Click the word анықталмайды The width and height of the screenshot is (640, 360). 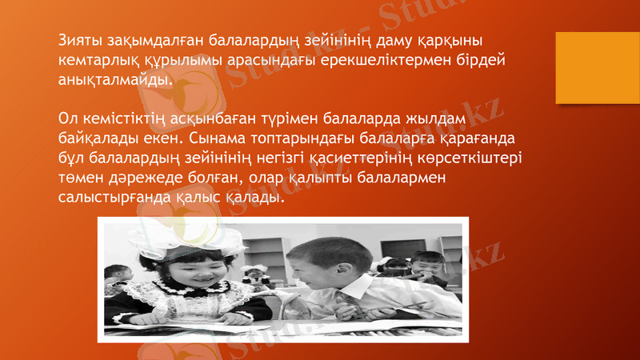point(114,81)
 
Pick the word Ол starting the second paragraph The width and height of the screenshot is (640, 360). point(70,120)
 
